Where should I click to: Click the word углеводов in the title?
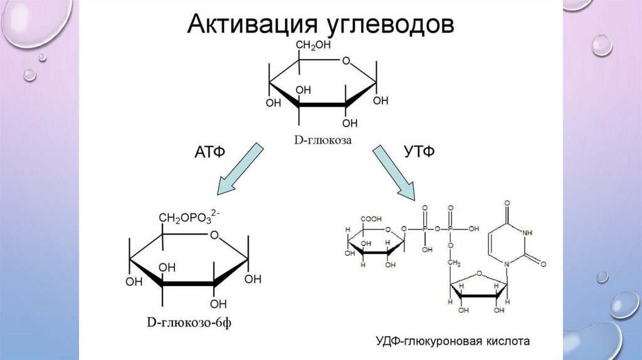tap(389, 26)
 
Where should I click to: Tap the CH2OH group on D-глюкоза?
tap(313, 46)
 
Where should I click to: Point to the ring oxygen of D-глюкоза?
tap(347, 62)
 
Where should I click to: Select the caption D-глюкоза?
tap(321, 141)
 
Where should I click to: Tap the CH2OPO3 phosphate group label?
tap(187, 218)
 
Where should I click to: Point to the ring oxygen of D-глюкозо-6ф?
tap(214, 236)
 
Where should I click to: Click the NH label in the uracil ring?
tap(528, 233)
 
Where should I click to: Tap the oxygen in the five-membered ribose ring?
tap(478, 273)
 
